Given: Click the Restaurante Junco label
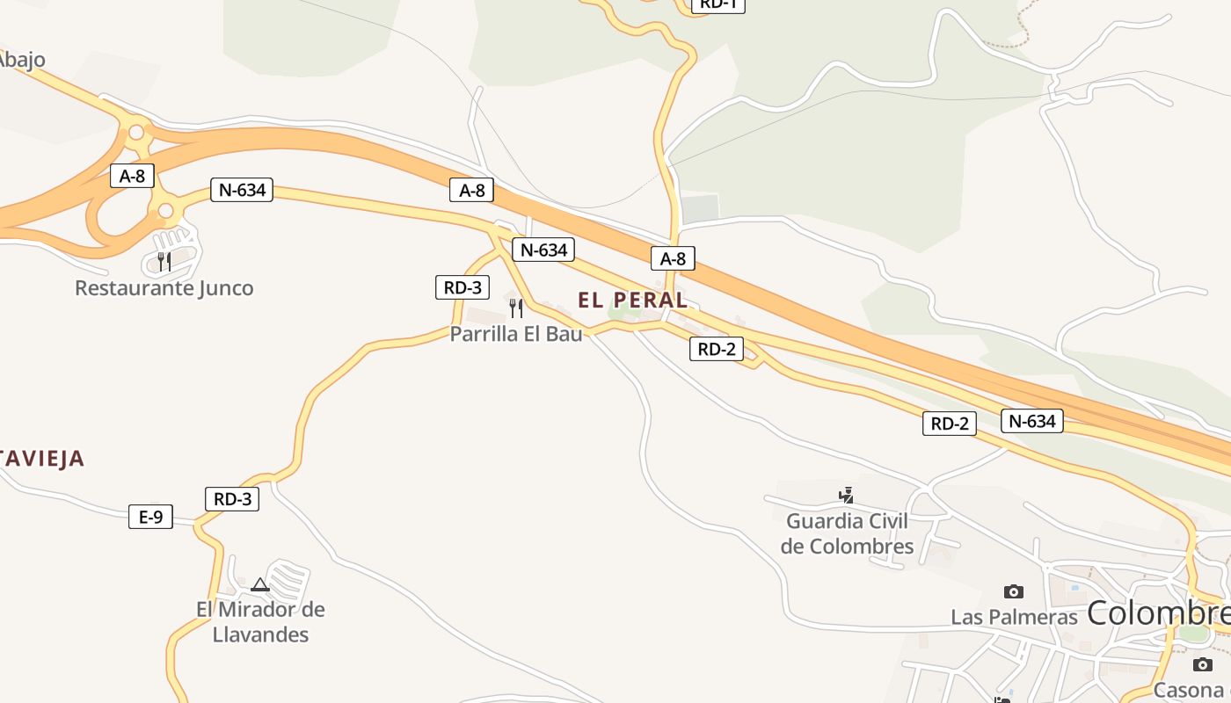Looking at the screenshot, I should tap(164, 288).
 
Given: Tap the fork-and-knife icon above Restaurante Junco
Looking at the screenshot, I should tap(164, 261).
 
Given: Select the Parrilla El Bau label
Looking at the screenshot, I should tap(516, 334).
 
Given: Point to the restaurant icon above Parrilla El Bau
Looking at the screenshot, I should tap(516, 308).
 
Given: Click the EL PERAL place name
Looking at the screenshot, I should tap(632, 300).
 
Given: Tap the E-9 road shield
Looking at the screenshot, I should tap(150, 517).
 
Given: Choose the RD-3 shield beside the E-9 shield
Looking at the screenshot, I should tap(232, 499).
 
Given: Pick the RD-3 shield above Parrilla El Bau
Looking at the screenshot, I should tap(463, 287).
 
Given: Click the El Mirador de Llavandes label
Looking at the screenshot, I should tap(260, 621).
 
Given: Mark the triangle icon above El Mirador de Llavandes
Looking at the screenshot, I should tap(259, 584).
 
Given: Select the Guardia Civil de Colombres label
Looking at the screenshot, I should tap(848, 533).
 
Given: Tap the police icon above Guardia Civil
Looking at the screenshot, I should tap(846, 496).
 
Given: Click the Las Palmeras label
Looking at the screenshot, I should tap(1014, 617).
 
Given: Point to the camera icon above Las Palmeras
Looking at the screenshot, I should tap(1013, 591).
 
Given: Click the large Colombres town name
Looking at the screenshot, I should tap(1158, 613).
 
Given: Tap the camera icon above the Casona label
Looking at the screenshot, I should tap(1203, 664).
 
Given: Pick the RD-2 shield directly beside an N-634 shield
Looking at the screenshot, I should tap(950, 424).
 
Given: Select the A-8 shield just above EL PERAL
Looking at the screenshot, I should tap(673, 258).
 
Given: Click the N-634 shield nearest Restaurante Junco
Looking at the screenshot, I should tap(241, 190).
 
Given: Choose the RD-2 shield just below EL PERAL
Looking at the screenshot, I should tap(716, 349).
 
